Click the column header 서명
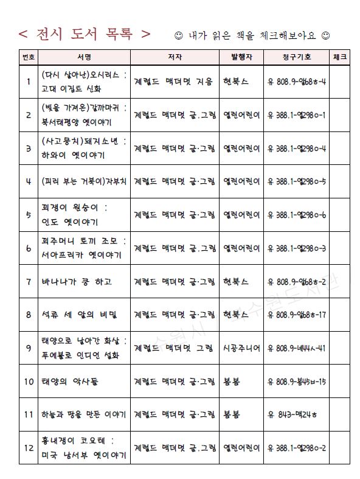pyautogui.click(x=84, y=57)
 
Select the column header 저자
pyautogui.click(x=175, y=57)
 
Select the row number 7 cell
pyautogui.click(x=29, y=282)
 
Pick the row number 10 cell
pyautogui.click(x=29, y=382)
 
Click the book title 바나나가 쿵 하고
pyautogui.click(x=76, y=282)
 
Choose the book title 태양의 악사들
pyautogui.click(x=71, y=382)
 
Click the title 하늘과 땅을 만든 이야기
pyautogui.click(x=84, y=414)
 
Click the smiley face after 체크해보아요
pyautogui.click(x=325, y=34)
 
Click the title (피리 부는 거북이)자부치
pyautogui.click(x=84, y=181)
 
